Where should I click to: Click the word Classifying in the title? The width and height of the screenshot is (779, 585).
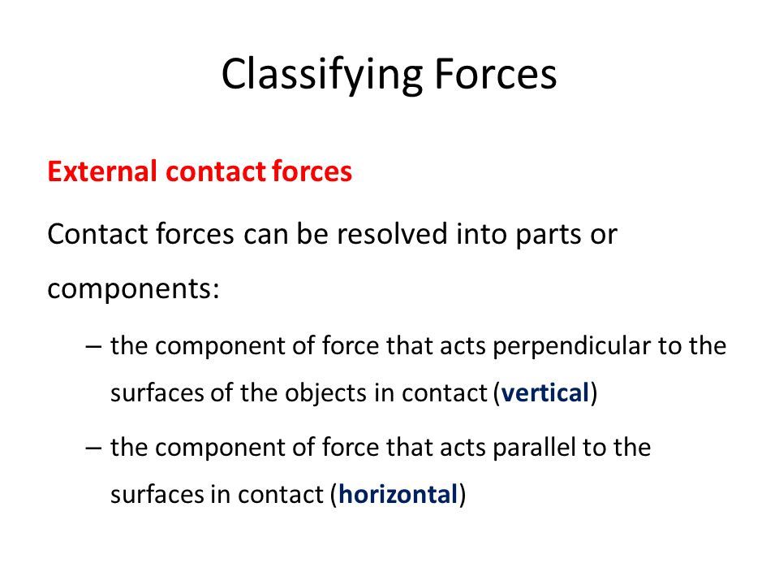(322, 75)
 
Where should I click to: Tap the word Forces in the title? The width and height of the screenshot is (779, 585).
(495, 74)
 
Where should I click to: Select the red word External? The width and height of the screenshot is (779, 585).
(102, 171)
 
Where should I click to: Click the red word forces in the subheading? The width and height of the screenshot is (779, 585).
(312, 171)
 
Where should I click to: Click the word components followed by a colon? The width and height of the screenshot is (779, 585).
(133, 289)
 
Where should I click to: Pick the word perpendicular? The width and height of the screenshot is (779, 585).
(571, 347)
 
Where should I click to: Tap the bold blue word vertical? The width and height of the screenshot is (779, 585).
(545, 393)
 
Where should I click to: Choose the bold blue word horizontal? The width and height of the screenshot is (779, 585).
(398, 494)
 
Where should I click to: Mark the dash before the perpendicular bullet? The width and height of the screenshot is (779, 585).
(93, 347)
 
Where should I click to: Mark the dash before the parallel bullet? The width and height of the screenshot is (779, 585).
(93, 448)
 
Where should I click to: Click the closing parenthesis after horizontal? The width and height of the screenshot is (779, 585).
(462, 495)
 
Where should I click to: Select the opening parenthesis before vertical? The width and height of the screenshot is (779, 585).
(497, 393)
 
